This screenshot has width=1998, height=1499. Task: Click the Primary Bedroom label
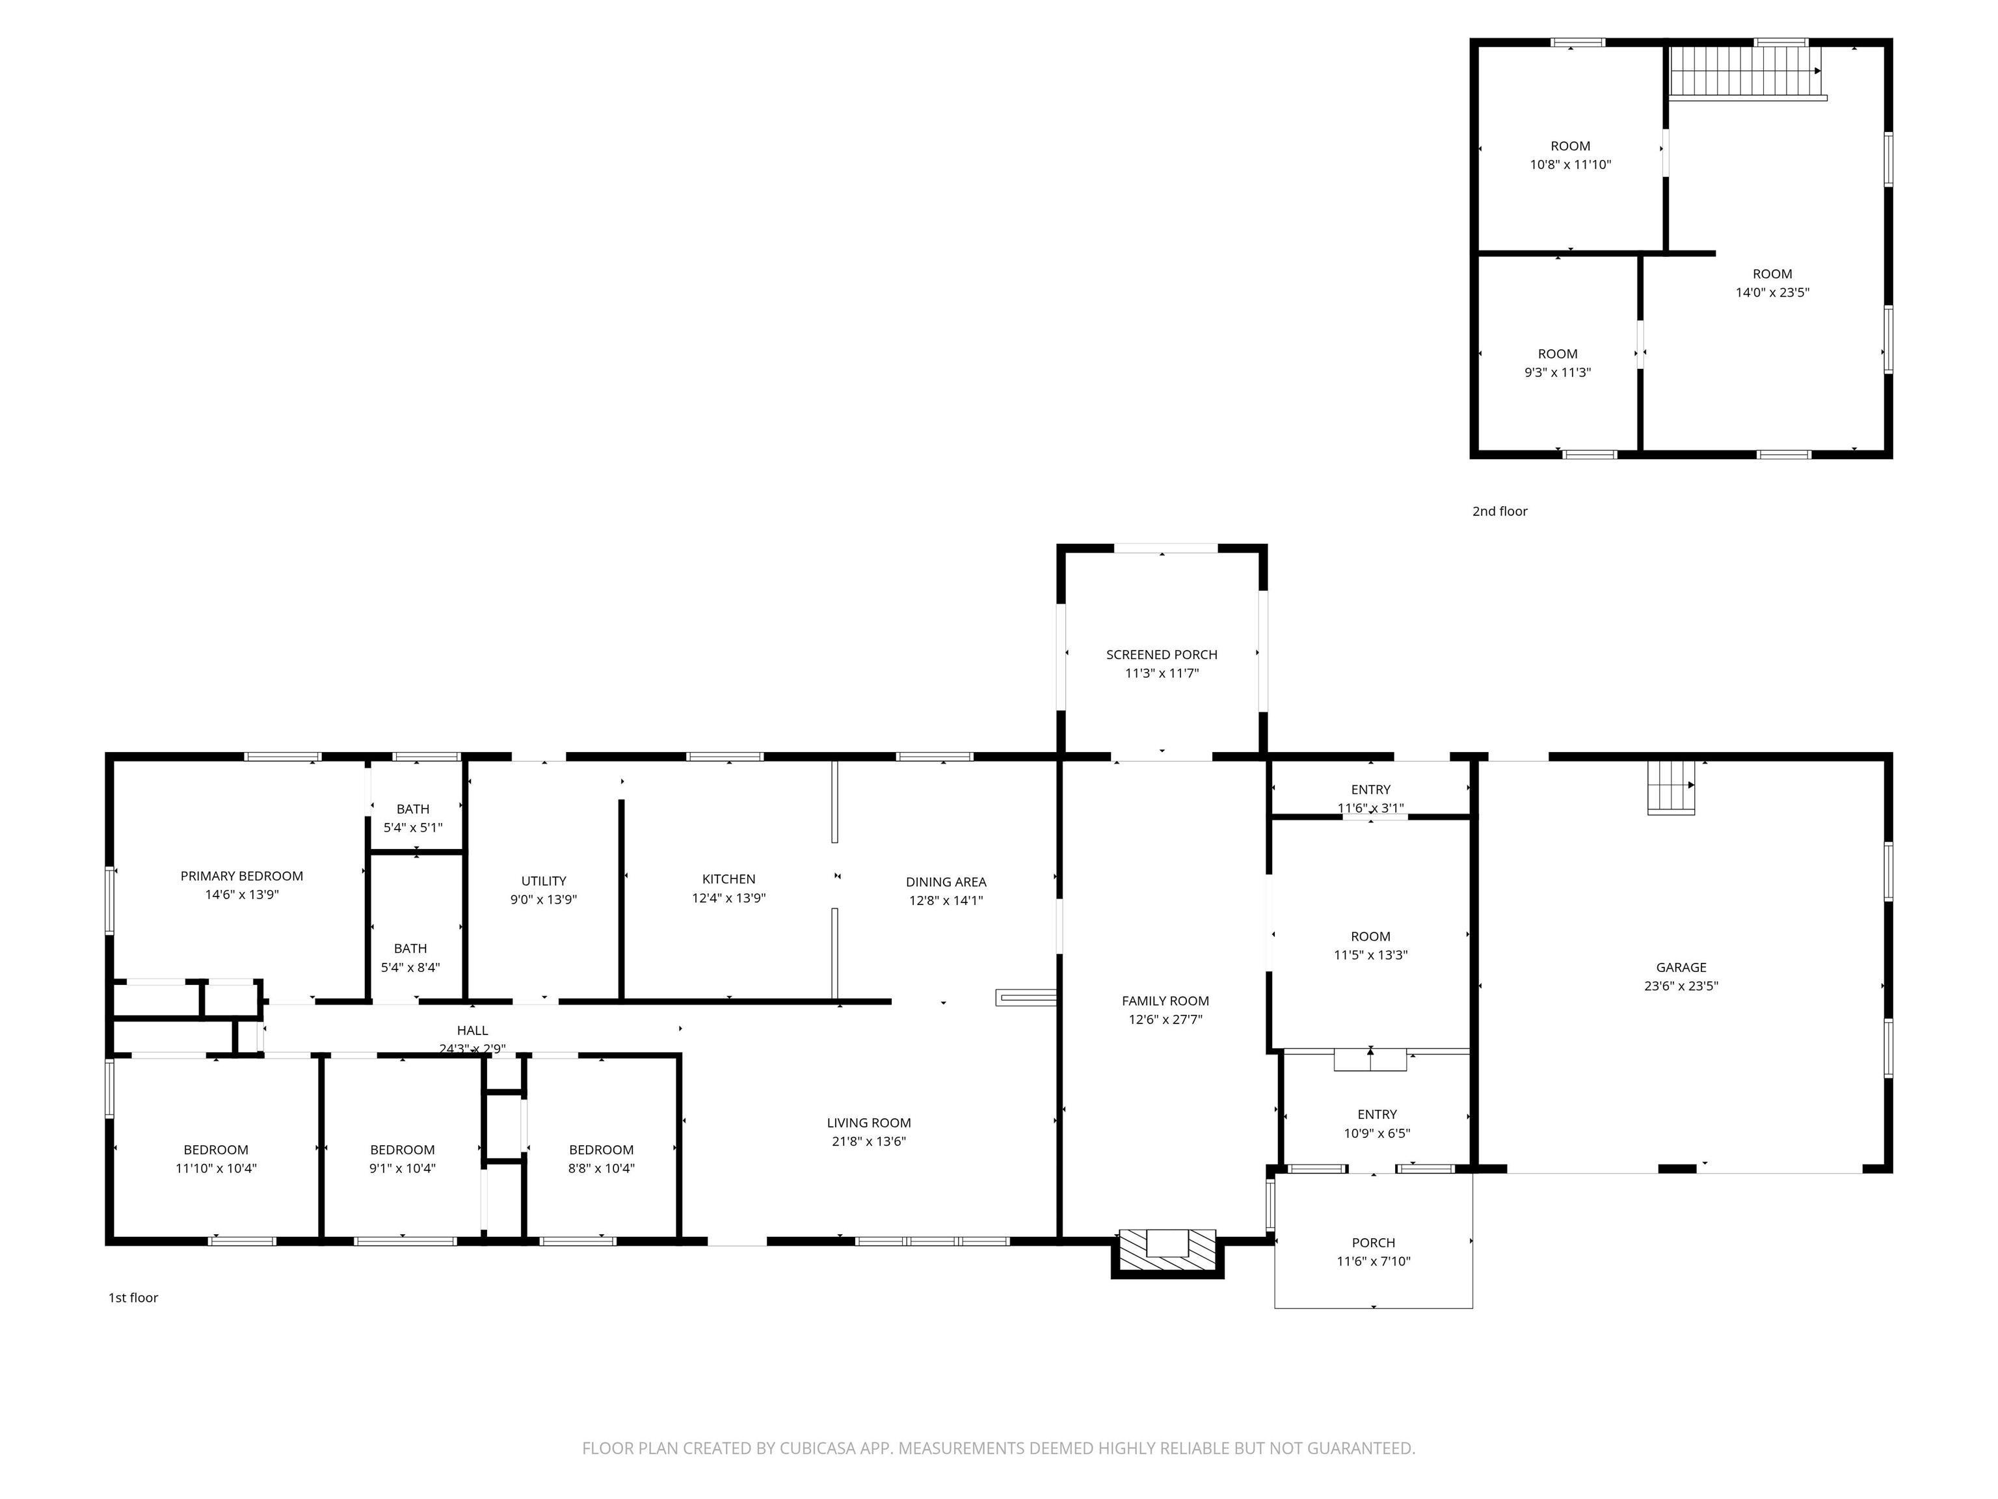click(241, 876)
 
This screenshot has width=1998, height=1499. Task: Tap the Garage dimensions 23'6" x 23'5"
click(1681, 986)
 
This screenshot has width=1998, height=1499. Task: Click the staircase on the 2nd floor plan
click(1745, 72)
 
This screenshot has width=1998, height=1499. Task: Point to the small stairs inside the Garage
click(1671, 787)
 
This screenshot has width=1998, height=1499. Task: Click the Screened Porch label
click(1162, 654)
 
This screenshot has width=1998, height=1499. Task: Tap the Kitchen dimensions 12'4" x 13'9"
click(729, 898)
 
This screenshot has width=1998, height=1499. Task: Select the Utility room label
click(544, 881)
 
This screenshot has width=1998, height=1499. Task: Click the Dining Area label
click(946, 882)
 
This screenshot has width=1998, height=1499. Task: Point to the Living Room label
click(869, 1123)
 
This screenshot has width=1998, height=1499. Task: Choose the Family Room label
click(1165, 1000)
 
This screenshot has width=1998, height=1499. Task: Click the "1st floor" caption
click(134, 1297)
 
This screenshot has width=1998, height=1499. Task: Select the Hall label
click(472, 1030)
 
